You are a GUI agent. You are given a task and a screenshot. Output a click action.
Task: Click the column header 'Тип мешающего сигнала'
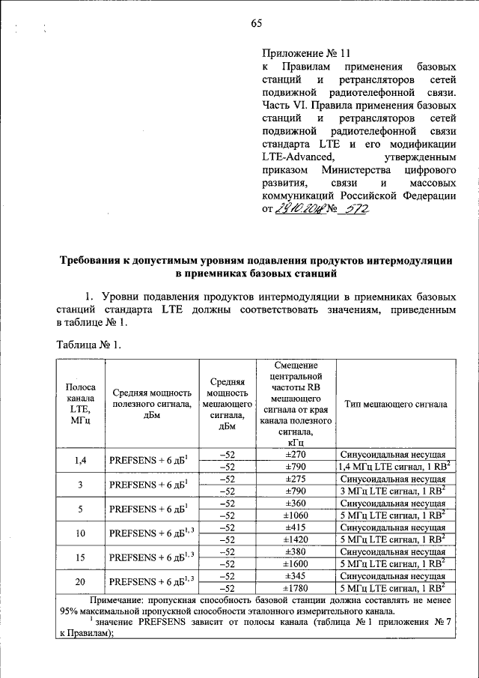[396, 403]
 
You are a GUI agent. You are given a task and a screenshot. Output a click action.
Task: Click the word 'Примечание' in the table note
[121, 601]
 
